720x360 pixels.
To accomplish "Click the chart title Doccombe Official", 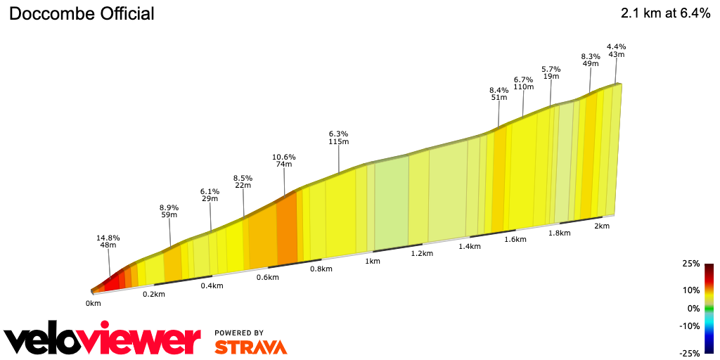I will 82,13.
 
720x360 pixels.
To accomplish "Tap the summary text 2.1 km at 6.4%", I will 665,13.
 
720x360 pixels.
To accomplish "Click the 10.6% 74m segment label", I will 284,160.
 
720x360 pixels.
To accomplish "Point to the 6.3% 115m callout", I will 338,137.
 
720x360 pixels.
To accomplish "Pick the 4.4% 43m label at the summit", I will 616,51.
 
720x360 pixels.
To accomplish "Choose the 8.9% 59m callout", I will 169,212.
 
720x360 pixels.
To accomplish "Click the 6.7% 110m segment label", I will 523,83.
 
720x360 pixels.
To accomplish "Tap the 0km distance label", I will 94,303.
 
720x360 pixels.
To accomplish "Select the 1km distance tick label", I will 373,261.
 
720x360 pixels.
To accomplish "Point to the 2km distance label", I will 601,226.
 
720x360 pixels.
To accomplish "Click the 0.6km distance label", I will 268,277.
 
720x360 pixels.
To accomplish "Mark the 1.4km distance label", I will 469,246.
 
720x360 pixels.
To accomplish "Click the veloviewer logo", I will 103,340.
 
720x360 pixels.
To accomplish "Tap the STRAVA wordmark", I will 250,347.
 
